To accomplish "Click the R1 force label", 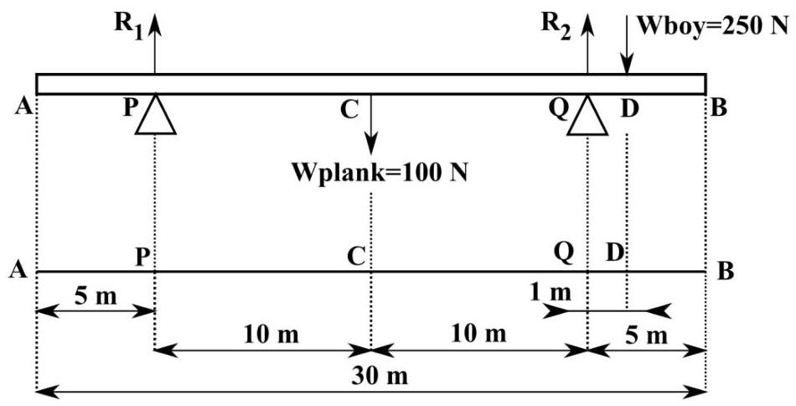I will (x=127, y=23).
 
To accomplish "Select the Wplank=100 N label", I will (x=379, y=172).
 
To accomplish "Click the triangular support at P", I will (x=156, y=114).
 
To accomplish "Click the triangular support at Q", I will (x=587, y=115).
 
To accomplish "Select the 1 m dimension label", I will (x=550, y=293).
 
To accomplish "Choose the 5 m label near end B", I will (x=646, y=336).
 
